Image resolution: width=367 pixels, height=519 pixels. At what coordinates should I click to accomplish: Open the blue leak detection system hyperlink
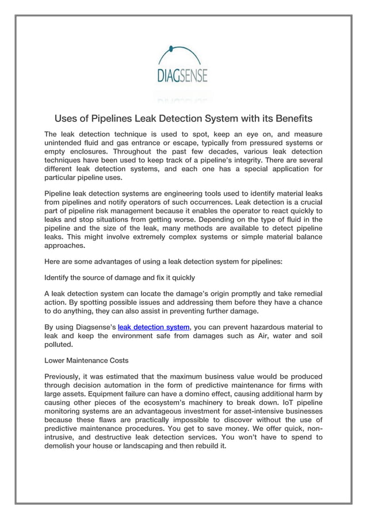(153, 327)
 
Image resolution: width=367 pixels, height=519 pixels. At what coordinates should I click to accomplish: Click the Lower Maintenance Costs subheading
(86, 361)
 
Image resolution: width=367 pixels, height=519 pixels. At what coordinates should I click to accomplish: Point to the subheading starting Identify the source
(120, 277)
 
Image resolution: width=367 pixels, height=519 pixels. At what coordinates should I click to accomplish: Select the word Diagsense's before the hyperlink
(93, 327)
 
